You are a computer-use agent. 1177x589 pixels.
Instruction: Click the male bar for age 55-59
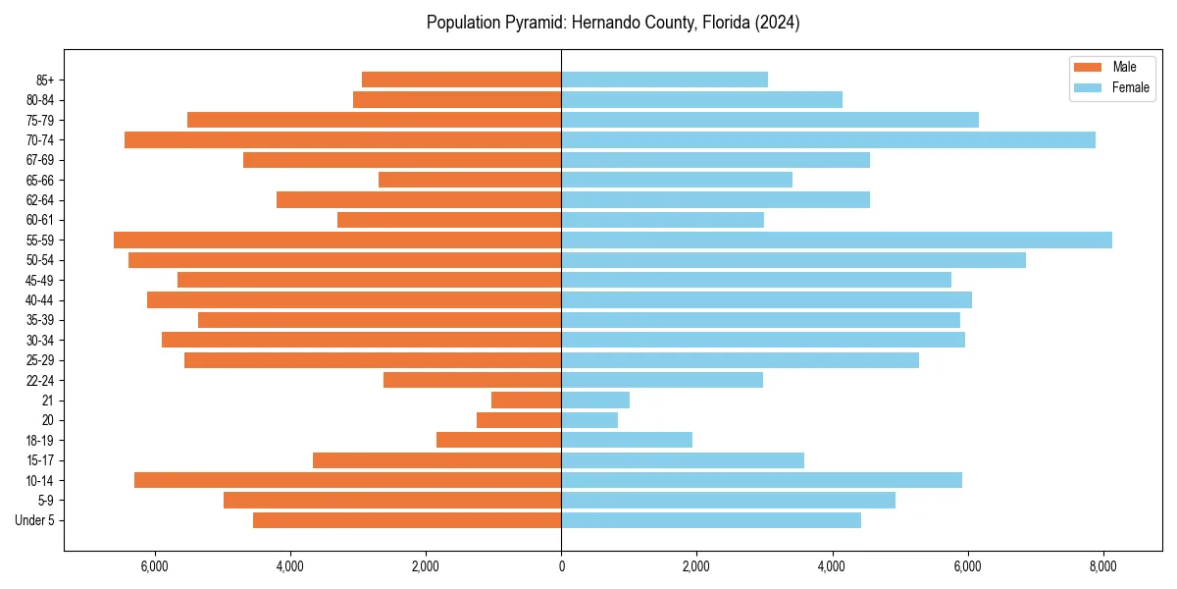[337, 240]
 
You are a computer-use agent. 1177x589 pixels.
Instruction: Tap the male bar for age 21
[526, 400]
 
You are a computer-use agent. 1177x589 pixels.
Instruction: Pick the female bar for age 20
[589, 420]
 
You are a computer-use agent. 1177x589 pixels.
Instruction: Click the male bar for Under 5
[407, 520]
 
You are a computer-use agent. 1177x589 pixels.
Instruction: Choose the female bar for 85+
[664, 80]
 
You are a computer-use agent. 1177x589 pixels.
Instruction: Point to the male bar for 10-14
[347, 480]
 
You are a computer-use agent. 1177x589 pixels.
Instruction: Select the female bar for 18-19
[627, 440]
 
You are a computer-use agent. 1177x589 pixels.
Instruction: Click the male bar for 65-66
[470, 180]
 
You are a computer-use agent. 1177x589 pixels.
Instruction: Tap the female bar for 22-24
[662, 380]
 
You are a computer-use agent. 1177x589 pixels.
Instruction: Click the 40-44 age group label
[39, 300]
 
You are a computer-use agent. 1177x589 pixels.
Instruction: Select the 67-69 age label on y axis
[39, 160]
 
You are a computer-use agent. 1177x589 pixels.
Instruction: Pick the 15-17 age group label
[39, 460]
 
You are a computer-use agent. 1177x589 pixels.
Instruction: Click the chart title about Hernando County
[613, 23]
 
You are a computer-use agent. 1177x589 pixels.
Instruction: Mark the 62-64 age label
[39, 200]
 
